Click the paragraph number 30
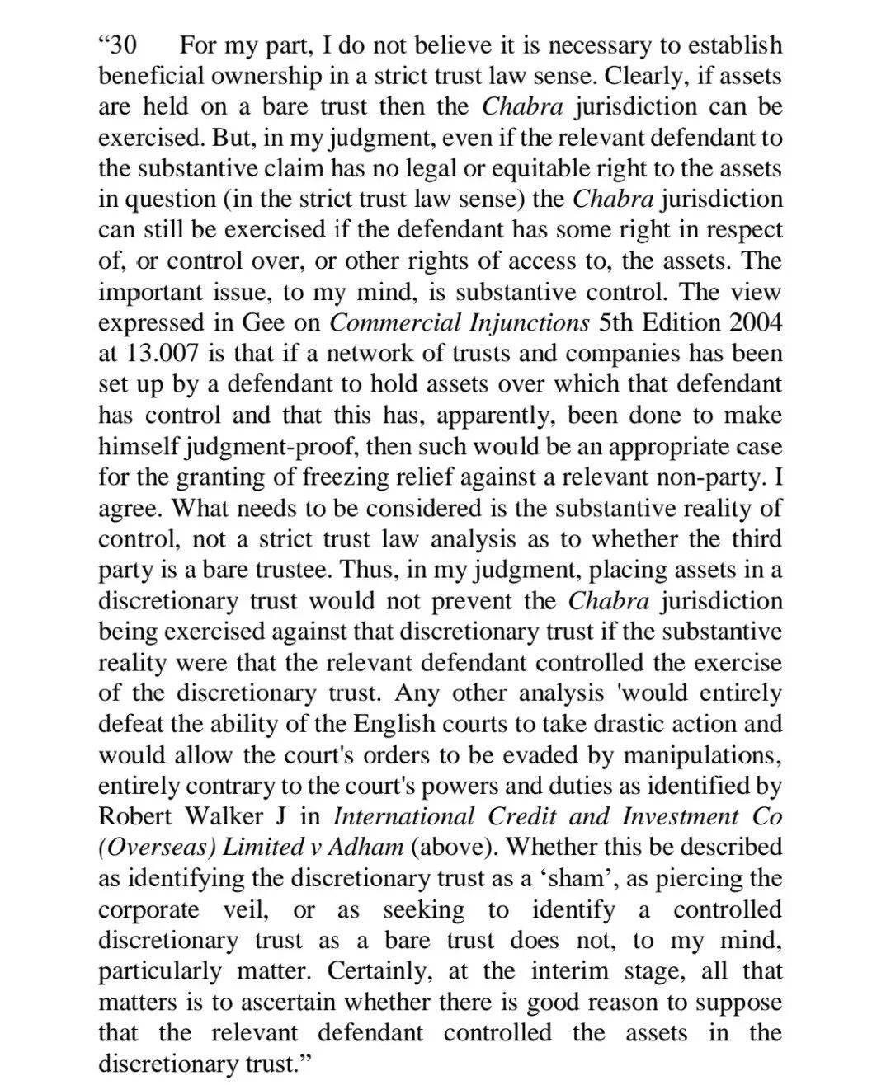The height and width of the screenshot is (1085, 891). point(122,45)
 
